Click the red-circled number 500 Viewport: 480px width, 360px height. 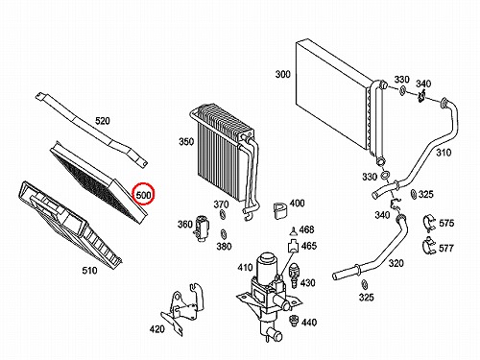pos(143,195)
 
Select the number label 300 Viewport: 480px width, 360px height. pos(283,74)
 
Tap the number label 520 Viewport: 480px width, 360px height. pos(103,121)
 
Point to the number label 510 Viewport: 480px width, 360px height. pos(89,271)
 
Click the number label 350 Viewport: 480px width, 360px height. pos(186,141)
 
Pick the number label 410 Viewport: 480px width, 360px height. pos(245,267)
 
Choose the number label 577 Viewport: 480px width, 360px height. pos(446,248)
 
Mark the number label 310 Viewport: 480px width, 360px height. pos(444,153)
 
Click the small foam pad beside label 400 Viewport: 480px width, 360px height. pos(280,210)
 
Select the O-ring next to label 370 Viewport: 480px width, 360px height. pos(222,215)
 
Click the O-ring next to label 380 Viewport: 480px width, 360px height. pos(223,234)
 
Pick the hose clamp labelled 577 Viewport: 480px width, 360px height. pos(428,246)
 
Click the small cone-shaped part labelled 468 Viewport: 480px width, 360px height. pos(293,231)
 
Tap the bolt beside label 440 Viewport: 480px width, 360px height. pos(292,321)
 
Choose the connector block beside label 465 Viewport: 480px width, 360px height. pos(293,246)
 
